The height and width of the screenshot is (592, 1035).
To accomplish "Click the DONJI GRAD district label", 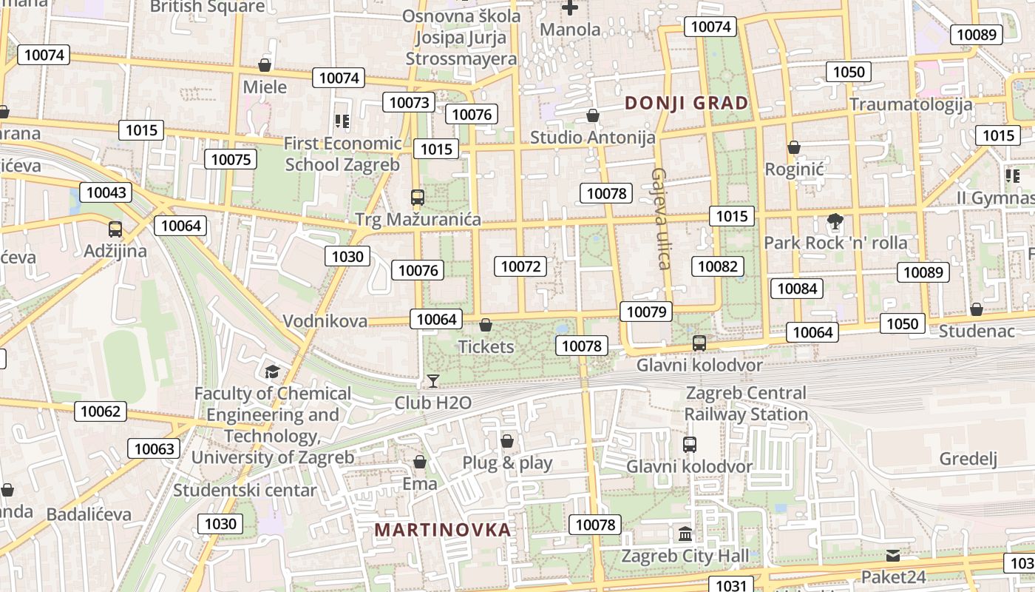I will point(687,103).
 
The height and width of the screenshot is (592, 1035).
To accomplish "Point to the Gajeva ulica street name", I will point(660,218).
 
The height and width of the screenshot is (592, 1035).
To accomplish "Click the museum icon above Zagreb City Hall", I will point(685,534).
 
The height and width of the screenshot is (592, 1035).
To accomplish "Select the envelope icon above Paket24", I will point(893,555).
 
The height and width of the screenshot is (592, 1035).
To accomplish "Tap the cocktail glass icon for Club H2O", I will point(433,381).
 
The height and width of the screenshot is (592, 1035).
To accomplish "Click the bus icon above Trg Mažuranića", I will point(418,198).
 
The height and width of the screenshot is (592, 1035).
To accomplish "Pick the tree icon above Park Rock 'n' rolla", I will point(835,221).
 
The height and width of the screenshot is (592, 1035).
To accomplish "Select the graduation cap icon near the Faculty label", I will point(273,371).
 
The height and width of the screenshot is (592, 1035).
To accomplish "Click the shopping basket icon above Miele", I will point(265,65).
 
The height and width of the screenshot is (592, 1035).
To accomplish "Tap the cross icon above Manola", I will point(570,8).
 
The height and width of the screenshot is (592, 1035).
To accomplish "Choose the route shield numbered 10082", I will point(718,266).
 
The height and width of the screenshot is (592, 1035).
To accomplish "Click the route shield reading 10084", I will point(798,289).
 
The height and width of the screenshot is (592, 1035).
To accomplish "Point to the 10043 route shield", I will point(106,192).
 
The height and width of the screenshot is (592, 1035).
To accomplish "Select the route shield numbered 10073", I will point(409,102).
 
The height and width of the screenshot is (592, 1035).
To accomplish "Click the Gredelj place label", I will point(968,459).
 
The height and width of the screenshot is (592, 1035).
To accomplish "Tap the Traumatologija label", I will point(911,104).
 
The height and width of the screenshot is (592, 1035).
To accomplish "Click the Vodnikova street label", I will point(325,321).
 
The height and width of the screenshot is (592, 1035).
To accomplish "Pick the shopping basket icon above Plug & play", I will point(507,442).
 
